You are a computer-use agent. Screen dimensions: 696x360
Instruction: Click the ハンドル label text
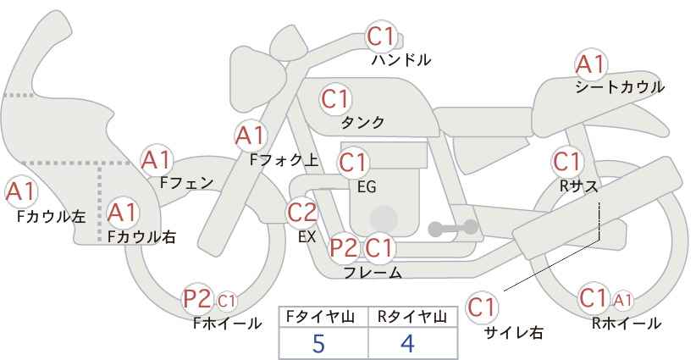401,59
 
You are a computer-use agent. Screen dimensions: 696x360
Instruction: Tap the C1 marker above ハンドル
381,36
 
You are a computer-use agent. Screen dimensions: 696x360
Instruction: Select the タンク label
362,122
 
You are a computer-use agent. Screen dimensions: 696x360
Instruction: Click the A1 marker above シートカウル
591,64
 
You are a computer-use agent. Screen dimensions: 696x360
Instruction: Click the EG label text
367,187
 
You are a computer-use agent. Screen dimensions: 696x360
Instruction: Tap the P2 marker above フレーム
345,247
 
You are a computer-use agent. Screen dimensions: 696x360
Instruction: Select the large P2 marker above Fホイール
197,299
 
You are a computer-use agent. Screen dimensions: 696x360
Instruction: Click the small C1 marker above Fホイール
226,301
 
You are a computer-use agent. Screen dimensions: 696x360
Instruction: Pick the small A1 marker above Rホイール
622,300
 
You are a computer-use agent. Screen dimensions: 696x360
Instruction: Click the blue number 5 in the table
318,343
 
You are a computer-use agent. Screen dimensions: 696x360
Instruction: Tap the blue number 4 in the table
407,343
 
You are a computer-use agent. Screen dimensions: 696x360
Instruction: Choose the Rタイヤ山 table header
412,317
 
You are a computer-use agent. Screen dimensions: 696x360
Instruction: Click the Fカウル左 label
51,217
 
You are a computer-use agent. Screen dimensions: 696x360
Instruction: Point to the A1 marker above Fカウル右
123,213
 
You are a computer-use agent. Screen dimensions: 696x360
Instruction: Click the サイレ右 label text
514,332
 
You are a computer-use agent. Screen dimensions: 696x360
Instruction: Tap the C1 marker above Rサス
567,162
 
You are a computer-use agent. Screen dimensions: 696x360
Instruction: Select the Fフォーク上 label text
284,160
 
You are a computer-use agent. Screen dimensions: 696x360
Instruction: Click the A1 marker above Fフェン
156,160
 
